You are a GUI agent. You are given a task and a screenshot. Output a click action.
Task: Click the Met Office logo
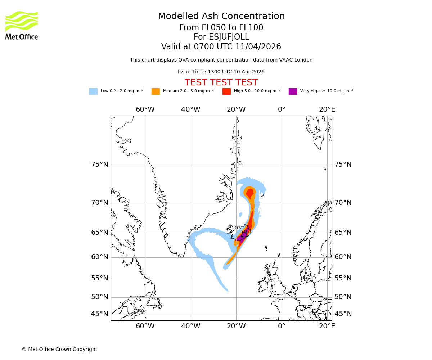[x=22, y=25]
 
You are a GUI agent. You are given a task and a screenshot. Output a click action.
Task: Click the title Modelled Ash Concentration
[x=221, y=17]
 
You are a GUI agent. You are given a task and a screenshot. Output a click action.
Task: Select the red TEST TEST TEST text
[x=221, y=82]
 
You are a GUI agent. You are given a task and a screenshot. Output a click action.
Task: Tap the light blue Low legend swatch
[x=93, y=91]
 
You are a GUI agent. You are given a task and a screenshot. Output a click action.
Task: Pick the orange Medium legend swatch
[x=156, y=91]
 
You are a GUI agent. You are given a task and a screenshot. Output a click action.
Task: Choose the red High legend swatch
[x=226, y=91]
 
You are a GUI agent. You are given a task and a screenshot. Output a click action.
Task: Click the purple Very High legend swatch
[x=293, y=91]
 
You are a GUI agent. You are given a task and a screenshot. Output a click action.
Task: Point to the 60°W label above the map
[x=145, y=109]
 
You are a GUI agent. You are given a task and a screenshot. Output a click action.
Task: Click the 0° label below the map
[x=282, y=326]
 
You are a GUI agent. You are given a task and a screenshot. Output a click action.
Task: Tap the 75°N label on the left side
[x=100, y=165]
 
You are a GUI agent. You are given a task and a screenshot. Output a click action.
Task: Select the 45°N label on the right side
[x=343, y=314]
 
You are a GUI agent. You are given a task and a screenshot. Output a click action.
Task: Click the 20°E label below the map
[x=327, y=326]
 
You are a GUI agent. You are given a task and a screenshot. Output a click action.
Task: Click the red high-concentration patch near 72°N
[x=249, y=192]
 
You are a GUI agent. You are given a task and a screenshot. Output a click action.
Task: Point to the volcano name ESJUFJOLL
[x=221, y=37]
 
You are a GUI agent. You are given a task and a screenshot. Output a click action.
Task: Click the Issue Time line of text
[x=221, y=72]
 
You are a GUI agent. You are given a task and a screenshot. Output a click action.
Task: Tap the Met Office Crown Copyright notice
[x=59, y=349]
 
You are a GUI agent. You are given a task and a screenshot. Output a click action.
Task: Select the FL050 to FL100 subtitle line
[x=221, y=28]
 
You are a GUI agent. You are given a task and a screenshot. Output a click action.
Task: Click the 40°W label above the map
[x=190, y=109]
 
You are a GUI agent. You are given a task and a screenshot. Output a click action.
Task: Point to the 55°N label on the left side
[x=100, y=278]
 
